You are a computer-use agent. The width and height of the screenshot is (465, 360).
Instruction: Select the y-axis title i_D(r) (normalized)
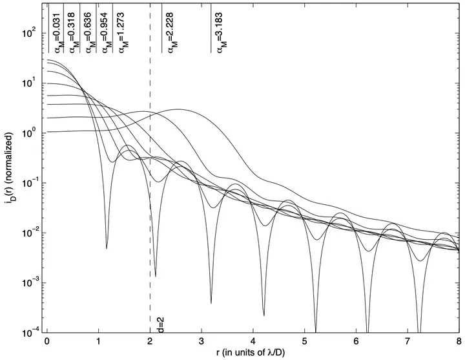[8, 182]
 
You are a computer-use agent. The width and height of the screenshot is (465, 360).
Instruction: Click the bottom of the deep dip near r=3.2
[211, 302]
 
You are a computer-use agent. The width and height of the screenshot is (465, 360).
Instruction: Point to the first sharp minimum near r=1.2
[107, 248]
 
